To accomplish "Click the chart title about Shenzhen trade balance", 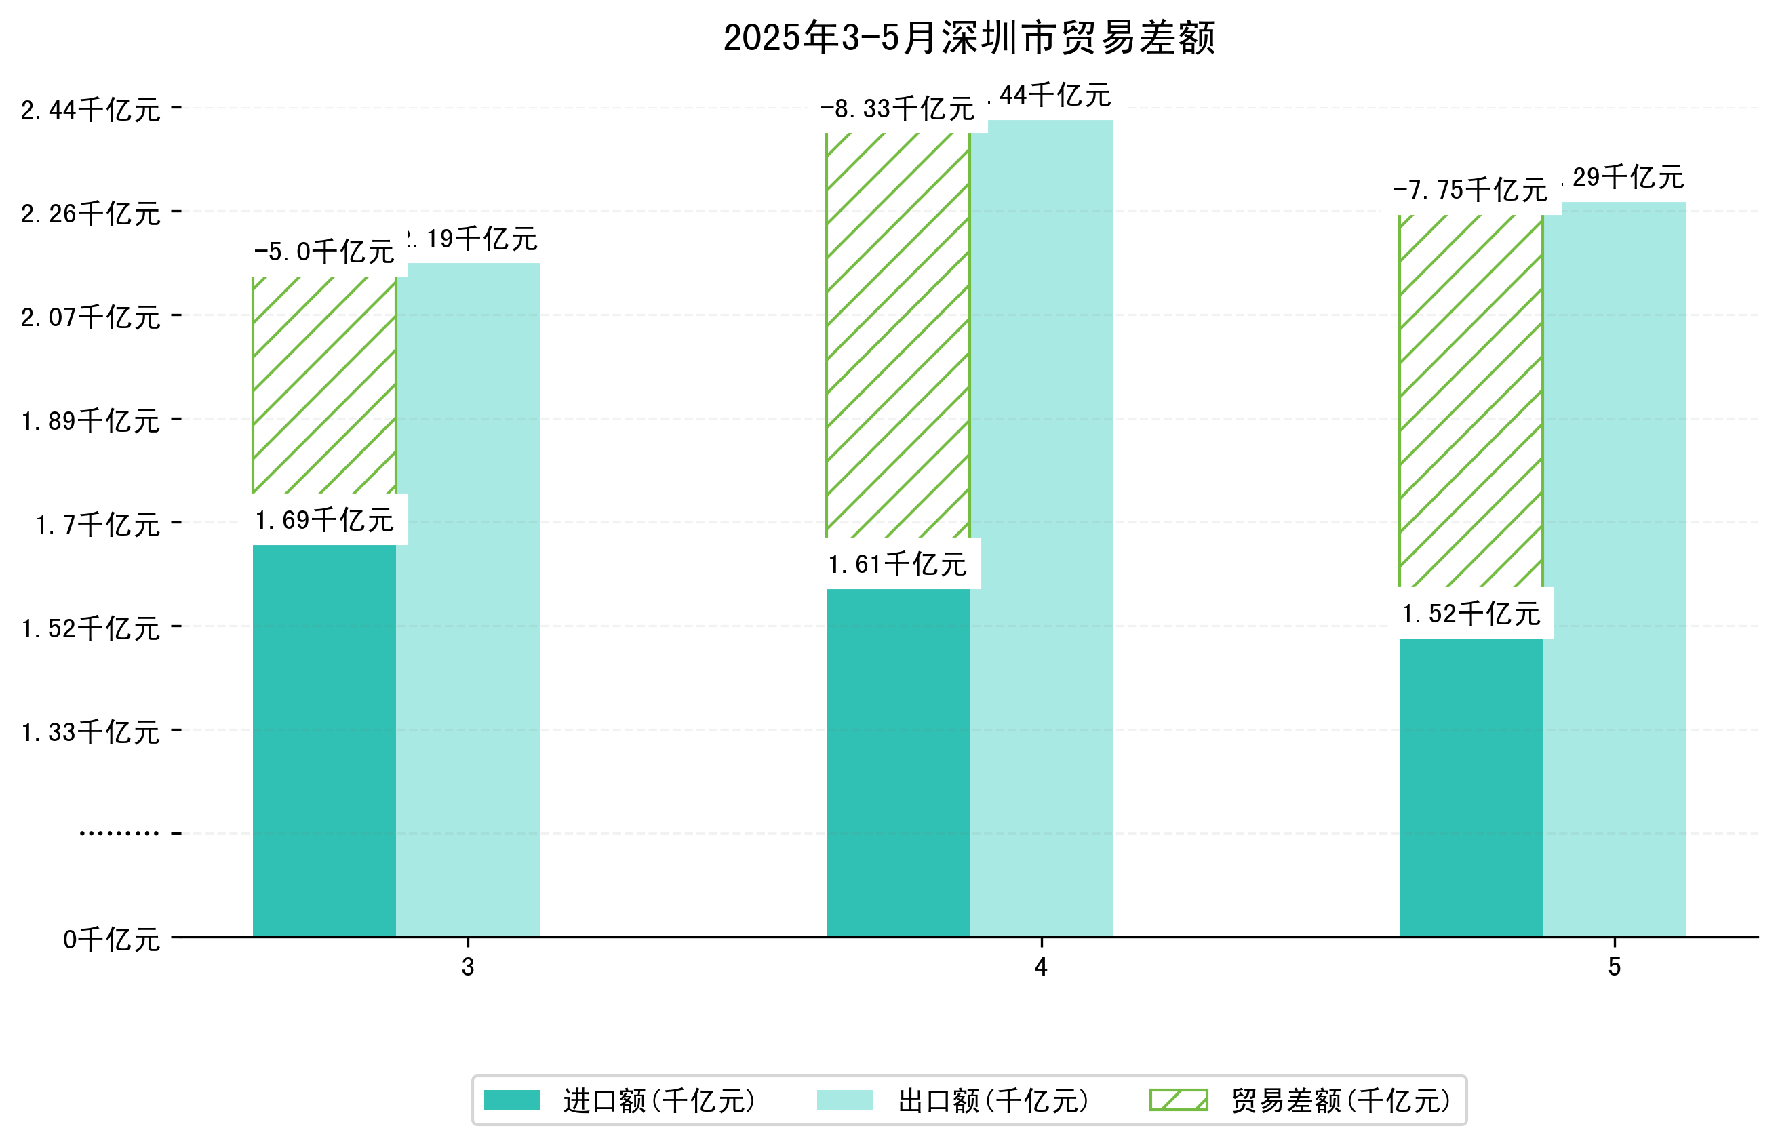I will [x=969, y=38].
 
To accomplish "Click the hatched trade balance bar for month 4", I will [x=898, y=335].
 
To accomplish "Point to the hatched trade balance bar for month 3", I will [x=324, y=384].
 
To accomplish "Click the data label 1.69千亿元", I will [x=324, y=520].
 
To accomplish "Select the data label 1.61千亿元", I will [x=898, y=564].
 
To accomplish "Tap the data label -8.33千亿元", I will [x=898, y=109].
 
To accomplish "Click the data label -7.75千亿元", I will [x=1470, y=190].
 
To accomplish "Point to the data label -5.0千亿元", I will [x=324, y=252].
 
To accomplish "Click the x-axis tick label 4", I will [x=1041, y=967].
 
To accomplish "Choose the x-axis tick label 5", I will [x=1615, y=967].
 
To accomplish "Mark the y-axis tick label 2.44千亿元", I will [x=91, y=110].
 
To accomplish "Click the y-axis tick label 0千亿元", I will [x=111, y=940].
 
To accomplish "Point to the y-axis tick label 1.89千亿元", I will [x=91, y=421].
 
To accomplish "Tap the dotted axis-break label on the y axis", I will [x=119, y=833].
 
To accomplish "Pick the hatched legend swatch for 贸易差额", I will [x=1179, y=1100].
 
